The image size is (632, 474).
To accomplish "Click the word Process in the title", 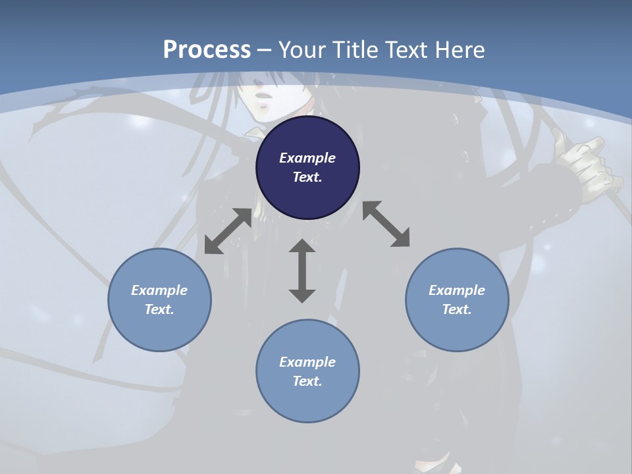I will click(207, 50).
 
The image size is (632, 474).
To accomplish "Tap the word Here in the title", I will click(459, 50).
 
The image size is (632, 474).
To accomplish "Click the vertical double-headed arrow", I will click(302, 271).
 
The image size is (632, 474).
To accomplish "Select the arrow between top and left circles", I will click(228, 231).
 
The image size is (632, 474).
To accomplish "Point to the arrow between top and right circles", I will click(386, 224).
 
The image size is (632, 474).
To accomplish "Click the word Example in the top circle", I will click(307, 158).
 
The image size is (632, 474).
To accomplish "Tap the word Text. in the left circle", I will click(159, 309).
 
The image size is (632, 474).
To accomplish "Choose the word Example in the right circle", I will click(457, 290).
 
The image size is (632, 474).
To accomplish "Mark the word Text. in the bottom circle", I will click(307, 381).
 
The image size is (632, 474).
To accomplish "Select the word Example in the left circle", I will click(159, 290).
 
